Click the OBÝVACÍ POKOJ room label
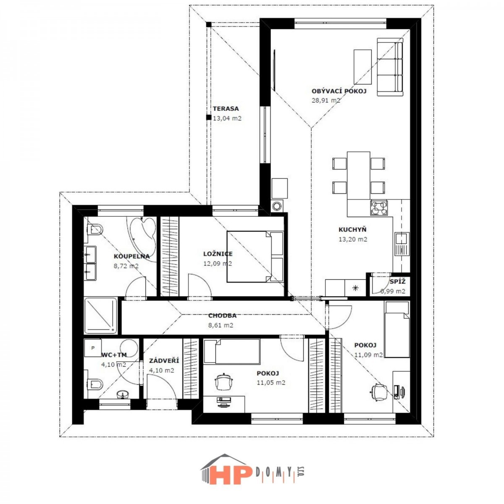[x=339, y=91]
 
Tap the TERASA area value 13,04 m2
[x=227, y=118]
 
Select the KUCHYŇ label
[x=352, y=230]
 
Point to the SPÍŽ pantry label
[x=398, y=281]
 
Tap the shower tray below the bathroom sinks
[x=101, y=316]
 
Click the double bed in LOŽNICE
[x=255, y=257]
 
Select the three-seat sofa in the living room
[x=390, y=67]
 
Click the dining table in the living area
[x=358, y=176]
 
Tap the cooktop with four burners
[x=379, y=208]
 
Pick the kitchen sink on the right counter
[x=402, y=244]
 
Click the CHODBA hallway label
[x=222, y=316]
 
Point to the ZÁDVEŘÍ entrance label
[x=164, y=361]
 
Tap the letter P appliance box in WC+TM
[x=93, y=348]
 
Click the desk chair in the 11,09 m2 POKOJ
[x=378, y=392]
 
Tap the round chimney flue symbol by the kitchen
[x=277, y=206]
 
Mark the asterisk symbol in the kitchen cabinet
[x=355, y=288]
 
